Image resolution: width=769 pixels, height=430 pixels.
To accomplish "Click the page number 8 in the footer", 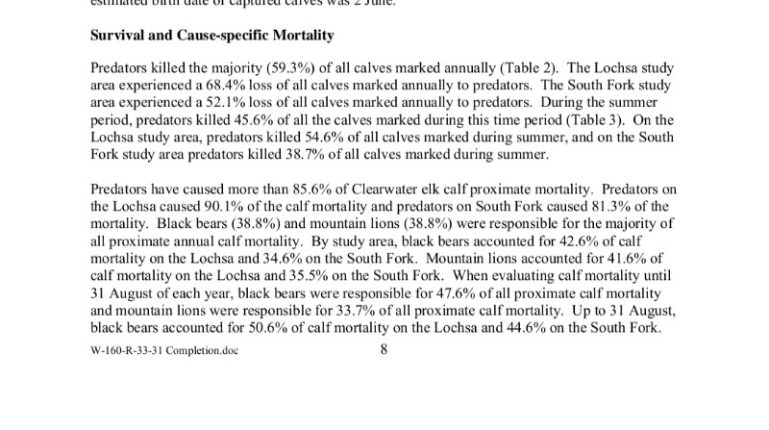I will [x=384, y=349].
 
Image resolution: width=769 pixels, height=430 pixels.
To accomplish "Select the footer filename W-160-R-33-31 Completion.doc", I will [x=163, y=350].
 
